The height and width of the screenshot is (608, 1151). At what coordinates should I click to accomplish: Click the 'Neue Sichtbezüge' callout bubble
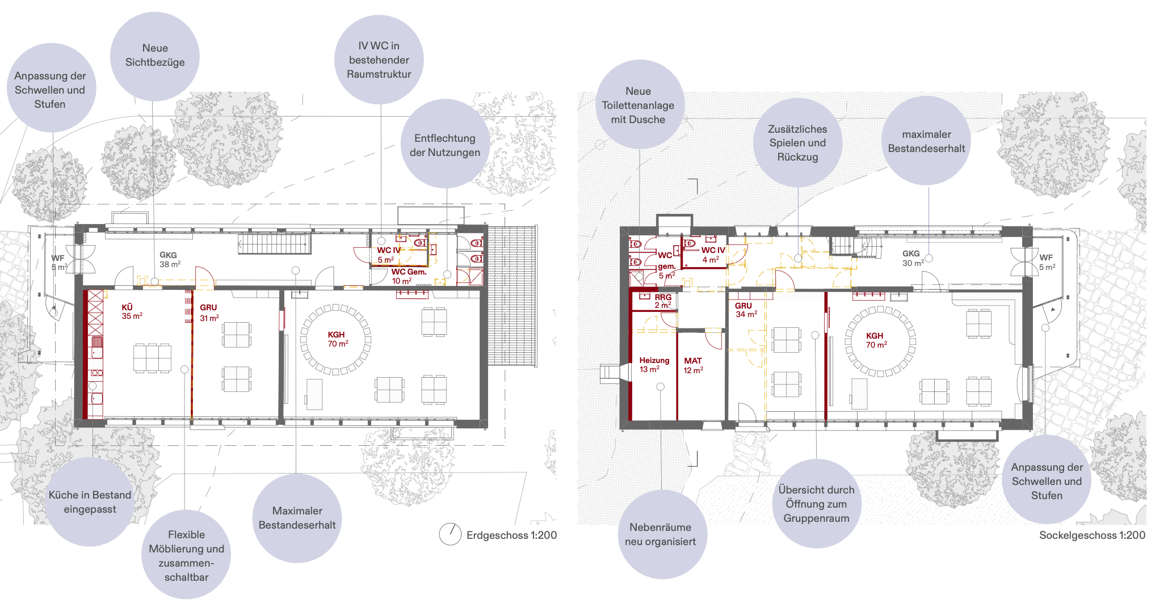154,56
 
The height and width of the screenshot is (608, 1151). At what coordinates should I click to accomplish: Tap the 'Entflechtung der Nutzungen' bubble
445,144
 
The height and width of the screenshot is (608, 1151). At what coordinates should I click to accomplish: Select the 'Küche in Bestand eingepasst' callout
90,502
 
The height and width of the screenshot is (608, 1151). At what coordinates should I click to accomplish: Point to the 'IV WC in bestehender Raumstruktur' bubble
379,60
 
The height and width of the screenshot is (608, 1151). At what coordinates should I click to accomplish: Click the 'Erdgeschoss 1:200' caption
511,535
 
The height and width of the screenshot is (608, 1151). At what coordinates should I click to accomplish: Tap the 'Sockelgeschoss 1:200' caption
1092,535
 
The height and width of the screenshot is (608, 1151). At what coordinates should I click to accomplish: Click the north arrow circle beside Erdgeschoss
450,534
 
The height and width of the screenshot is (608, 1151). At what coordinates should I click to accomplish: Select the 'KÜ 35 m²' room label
132,311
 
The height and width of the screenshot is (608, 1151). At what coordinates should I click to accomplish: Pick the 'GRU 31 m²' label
209,313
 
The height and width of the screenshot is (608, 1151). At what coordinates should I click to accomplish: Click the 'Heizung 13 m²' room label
654,365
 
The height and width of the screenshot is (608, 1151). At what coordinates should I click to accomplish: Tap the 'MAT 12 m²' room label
693,365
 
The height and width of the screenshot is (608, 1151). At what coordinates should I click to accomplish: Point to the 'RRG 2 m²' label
662,301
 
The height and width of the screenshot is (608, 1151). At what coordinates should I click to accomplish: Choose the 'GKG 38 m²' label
170,260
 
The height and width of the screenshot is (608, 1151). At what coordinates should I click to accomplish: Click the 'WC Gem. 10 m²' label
408,276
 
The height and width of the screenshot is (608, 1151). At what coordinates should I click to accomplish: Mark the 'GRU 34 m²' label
746,310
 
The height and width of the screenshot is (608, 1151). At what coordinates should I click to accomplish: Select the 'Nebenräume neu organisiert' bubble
660,534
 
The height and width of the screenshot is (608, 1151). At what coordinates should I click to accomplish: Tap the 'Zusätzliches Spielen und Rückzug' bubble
797,143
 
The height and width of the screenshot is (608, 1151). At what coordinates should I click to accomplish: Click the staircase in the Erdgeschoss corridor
275,243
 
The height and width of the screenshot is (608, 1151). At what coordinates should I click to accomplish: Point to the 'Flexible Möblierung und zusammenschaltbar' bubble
186,555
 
